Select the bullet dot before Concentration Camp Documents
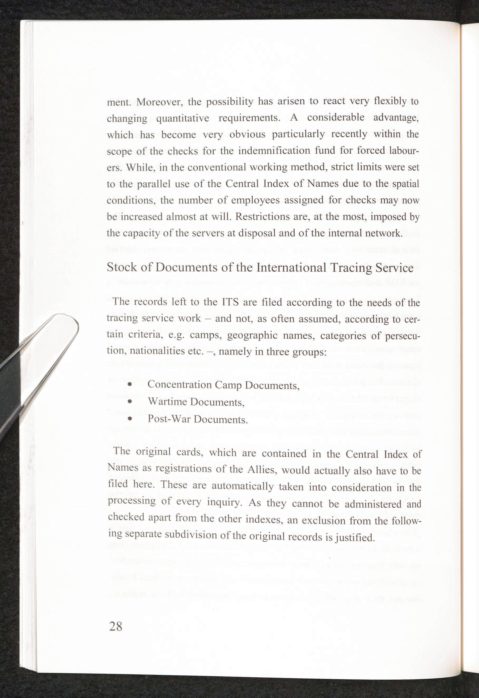(130, 385)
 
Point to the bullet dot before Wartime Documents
(130, 402)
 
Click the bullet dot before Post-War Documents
(130, 418)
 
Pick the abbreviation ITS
(230, 302)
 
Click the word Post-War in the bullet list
(169, 419)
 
